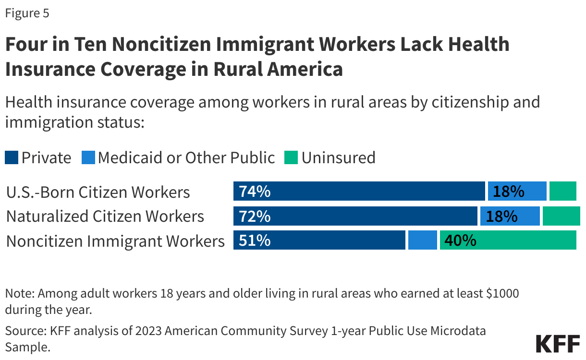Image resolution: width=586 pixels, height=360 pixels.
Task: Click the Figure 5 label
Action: [x=27, y=13]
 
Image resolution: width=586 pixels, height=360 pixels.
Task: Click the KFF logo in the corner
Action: [x=557, y=344]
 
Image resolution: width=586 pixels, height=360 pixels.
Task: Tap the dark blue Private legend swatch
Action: [x=12, y=157]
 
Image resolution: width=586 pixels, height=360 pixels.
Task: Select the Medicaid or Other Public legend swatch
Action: [x=88, y=157]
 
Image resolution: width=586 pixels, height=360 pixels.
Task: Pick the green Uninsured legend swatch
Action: [x=291, y=157]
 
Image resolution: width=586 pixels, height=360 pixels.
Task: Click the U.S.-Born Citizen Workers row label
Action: [x=98, y=192]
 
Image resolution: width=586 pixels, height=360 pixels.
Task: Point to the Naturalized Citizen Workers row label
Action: [x=105, y=216]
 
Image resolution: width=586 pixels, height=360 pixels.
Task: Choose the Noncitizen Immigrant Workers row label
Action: [x=115, y=240]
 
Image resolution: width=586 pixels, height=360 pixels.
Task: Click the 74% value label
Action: [x=255, y=192]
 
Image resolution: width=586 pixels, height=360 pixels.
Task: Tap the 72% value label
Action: [x=255, y=216]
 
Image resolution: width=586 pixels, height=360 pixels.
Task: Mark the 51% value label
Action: [x=255, y=240]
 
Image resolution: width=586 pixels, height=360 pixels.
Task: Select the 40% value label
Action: [x=460, y=240]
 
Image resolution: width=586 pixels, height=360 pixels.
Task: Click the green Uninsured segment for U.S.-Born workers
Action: [x=562, y=192]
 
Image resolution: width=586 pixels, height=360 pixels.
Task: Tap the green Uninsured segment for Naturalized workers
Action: [x=561, y=216]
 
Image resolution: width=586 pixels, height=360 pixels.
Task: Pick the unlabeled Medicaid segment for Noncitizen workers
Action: [x=422, y=240]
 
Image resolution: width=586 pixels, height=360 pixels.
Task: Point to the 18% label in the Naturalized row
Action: [x=501, y=216]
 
